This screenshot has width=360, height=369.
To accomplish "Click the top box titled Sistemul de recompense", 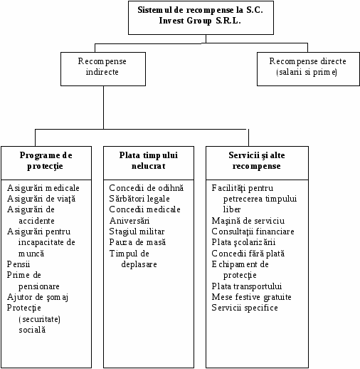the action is (x=201, y=18).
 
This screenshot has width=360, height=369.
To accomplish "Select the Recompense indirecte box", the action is (x=103, y=69).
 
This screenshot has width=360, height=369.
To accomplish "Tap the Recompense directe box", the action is (x=308, y=69).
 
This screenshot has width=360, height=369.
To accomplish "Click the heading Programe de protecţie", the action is (x=46, y=161).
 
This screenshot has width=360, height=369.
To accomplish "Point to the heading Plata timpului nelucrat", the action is (x=149, y=160).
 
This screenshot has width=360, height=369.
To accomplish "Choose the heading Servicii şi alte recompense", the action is (x=257, y=161).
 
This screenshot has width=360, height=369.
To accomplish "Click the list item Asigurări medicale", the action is (x=43, y=188).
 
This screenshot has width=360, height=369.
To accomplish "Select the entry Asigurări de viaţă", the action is (x=41, y=199).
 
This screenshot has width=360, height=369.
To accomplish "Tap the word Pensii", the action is (x=18, y=264).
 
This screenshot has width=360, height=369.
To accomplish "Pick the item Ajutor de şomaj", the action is (x=38, y=297).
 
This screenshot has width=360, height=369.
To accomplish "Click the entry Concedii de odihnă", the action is (x=147, y=188).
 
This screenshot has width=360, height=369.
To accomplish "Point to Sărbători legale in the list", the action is (x=139, y=199).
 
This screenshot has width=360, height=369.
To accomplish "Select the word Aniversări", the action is (x=129, y=221).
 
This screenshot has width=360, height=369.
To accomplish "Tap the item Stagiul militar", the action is (x=137, y=232).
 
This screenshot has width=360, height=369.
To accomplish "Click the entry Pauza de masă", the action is (x=137, y=242).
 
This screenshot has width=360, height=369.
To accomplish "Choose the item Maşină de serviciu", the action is (x=248, y=221).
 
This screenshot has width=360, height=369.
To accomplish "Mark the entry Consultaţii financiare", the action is (x=253, y=232).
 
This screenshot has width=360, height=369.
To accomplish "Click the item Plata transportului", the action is (x=247, y=286).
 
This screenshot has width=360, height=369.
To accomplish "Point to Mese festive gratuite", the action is (x=251, y=297).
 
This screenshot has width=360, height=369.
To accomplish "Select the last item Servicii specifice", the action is (x=245, y=308).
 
